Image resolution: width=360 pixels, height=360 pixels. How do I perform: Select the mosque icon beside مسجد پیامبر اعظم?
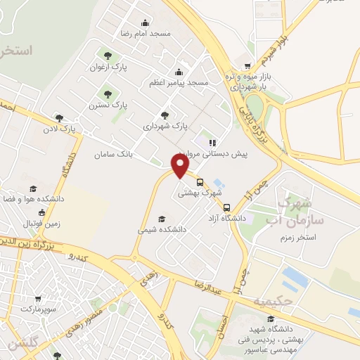pyautogui.click(x=179, y=71)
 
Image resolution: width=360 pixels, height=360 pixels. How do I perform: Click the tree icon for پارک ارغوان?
pyautogui.click(x=107, y=56)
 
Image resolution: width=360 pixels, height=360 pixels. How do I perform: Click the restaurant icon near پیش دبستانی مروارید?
pyautogui.click(x=212, y=142)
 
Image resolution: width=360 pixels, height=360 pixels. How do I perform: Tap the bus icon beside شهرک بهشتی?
pyautogui.click(x=200, y=182)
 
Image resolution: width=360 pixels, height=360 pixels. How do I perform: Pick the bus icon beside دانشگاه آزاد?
pyautogui.click(x=226, y=207)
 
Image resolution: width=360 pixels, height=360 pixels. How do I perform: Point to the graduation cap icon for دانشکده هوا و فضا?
pyautogui.click(x=33, y=188)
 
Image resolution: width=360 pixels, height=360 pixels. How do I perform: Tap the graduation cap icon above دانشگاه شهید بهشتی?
pyautogui.click(x=270, y=320)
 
